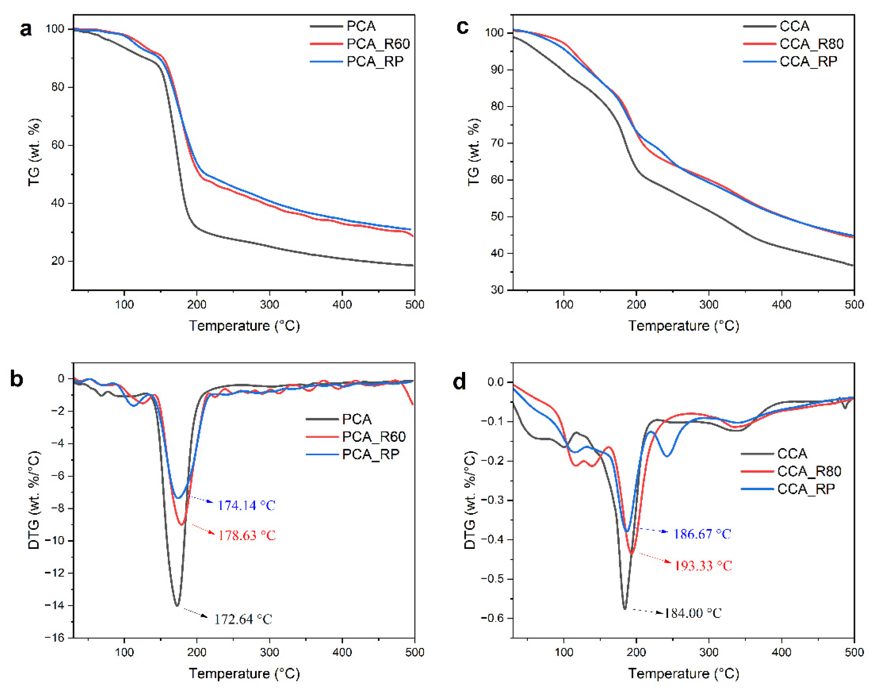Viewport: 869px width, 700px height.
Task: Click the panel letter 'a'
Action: (x=26, y=29)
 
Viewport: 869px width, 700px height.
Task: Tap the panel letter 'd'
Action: (x=460, y=381)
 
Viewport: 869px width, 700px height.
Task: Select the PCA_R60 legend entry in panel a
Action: (x=378, y=44)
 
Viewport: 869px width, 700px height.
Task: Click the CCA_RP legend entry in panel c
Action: (x=808, y=61)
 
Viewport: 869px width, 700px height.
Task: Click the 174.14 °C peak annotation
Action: (x=246, y=505)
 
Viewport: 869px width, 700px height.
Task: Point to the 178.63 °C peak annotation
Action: (x=247, y=535)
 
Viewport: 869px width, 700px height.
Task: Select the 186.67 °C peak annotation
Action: (x=702, y=534)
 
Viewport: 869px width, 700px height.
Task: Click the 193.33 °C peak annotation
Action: (x=703, y=566)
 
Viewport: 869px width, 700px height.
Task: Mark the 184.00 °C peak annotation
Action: (x=692, y=613)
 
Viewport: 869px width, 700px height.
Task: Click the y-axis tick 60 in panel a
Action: (x=58, y=145)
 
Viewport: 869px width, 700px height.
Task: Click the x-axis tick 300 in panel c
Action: (x=708, y=304)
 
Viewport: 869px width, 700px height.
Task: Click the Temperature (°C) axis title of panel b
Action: (x=245, y=674)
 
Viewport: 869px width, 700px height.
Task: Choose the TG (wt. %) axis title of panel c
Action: (x=474, y=152)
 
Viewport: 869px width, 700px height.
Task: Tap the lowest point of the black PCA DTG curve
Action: (x=177, y=606)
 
